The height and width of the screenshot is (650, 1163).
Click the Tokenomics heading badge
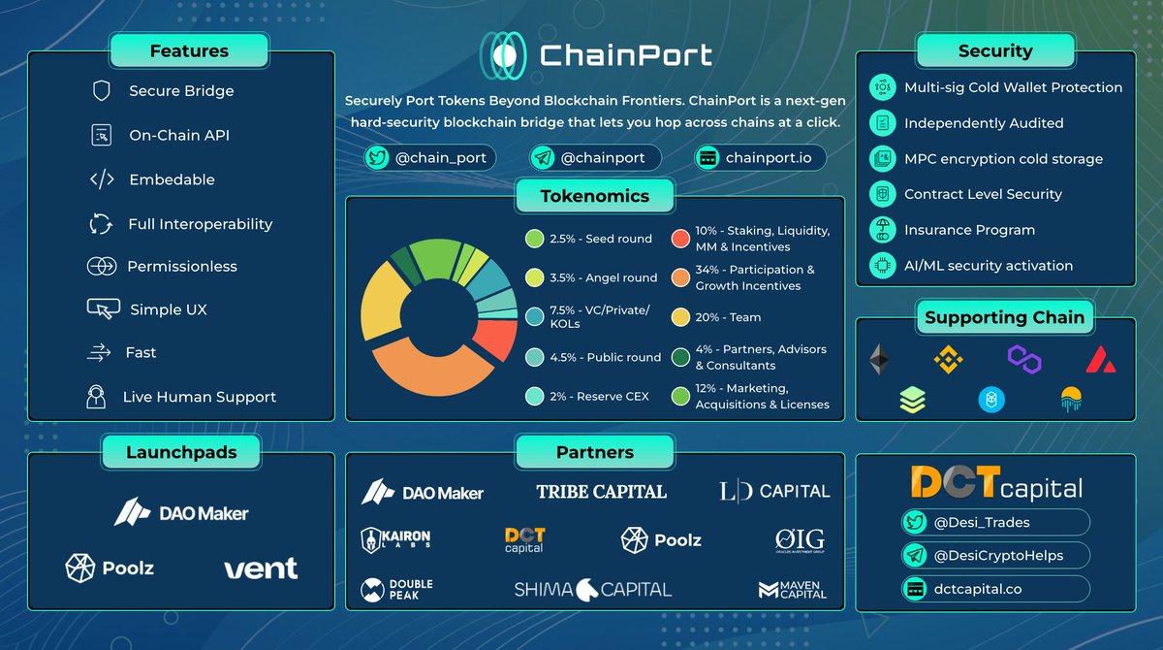click(594, 196)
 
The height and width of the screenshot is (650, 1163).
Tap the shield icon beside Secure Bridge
click(101, 91)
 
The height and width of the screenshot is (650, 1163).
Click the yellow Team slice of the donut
click(381, 301)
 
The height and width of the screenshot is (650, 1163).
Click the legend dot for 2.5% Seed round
click(534, 239)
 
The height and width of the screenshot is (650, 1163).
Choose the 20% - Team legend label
click(728, 317)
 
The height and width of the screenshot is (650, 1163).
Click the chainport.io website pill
click(760, 158)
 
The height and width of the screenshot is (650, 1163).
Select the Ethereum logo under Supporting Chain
click(879, 359)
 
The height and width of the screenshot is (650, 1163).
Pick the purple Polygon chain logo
click(1023, 359)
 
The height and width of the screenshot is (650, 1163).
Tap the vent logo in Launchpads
click(261, 569)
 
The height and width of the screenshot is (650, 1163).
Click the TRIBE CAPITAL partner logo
click(601, 491)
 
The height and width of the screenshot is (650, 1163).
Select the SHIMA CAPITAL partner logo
click(593, 588)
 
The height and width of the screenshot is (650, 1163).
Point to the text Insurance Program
click(969, 230)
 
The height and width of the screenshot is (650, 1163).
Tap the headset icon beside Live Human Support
click(96, 397)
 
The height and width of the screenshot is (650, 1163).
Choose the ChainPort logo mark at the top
click(502, 55)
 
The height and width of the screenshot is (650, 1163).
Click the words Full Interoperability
click(201, 224)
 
